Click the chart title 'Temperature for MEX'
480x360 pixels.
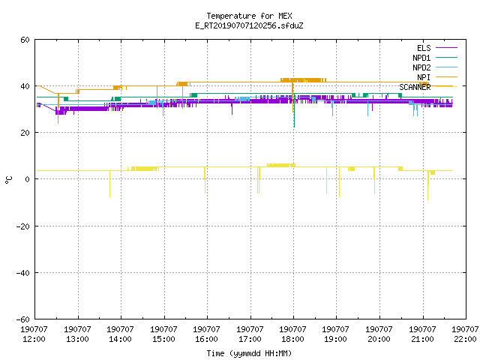tap(249, 16)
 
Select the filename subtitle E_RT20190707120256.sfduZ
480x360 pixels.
tap(249, 25)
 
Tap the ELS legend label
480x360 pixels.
tap(424, 48)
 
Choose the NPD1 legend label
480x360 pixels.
tap(421, 58)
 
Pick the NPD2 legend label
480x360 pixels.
tap(421, 67)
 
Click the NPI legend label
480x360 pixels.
tap(424, 77)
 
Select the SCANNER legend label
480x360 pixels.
tap(415, 87)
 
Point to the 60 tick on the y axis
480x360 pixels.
tap(25, 40)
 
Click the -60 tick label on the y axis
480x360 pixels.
tap(23, 319)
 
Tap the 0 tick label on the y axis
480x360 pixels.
tap(28, 179)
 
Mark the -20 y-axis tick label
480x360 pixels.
tap(23, 226)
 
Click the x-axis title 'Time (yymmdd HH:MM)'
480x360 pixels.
tap(249, 353)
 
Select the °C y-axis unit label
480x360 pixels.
tap(8, 180)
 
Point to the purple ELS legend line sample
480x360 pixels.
tap(446, 48)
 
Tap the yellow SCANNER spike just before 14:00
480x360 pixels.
tap(110, 184)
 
